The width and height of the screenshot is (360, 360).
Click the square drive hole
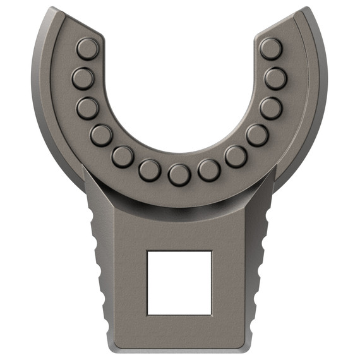(179, 282)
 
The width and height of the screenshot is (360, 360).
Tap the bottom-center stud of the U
(179, 174)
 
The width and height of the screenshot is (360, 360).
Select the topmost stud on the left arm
(87, 49)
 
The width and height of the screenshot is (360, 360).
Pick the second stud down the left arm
(83, 78)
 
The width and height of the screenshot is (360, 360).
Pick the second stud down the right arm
(275, 78)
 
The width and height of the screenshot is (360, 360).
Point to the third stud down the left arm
(88, 108)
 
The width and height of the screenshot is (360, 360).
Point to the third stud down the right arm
(270, 108)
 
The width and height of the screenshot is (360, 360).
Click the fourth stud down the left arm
(101, 135)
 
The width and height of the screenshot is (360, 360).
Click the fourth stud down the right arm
(256, 135)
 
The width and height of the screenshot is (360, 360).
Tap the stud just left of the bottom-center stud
(150, 169)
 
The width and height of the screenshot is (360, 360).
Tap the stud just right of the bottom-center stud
(208, 169)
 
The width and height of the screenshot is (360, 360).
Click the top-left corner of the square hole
(147, 251)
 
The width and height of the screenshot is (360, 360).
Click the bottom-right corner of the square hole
(211, 314)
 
